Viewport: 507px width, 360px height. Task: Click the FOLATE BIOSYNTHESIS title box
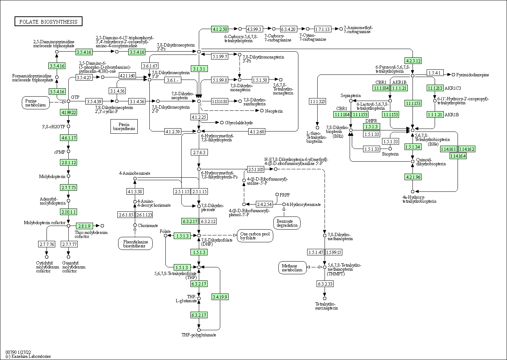pos(48,22)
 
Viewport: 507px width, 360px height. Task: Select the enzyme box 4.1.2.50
pos(220,29)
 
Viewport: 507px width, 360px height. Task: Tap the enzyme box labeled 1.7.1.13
pos(322,29)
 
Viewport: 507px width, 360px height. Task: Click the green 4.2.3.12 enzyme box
pos(413,61)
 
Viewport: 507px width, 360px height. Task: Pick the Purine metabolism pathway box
pos(35,103)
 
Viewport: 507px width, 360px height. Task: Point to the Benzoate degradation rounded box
pos(287,223)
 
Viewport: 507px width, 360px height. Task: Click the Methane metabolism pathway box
pos(292,268)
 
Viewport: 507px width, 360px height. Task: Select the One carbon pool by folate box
pos(255,235)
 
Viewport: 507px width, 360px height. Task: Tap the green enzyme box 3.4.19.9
pos(220,297)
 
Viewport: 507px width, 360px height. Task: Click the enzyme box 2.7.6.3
pos(199,152)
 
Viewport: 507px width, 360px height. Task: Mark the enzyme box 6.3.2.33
pos(325,284)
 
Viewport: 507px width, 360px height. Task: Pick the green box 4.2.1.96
pos(413,177)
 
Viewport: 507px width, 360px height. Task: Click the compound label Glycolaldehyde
pos(239,123)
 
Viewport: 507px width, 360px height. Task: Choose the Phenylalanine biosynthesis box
pos(135,243)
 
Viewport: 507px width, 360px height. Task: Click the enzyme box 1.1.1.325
pos(317,101)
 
